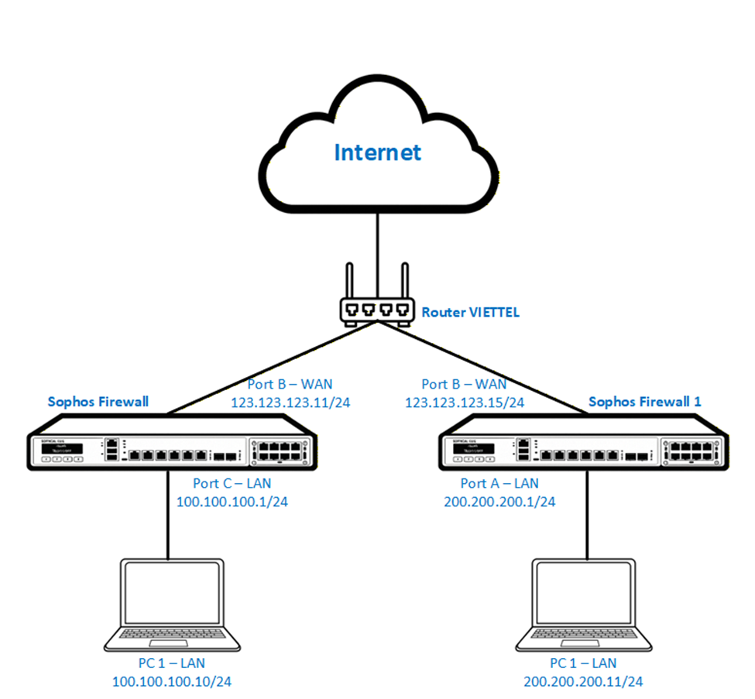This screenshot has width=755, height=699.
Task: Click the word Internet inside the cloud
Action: [377, 152]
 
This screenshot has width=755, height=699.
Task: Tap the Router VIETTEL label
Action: [470, 313]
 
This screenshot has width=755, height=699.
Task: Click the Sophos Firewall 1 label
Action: [644, 402]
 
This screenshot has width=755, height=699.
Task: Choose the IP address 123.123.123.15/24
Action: [465, 403]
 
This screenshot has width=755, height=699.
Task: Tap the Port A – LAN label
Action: [499, 483]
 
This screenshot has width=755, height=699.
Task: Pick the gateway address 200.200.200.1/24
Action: [499, 502]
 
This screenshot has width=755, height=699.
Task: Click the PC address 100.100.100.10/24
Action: [172, 681]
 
